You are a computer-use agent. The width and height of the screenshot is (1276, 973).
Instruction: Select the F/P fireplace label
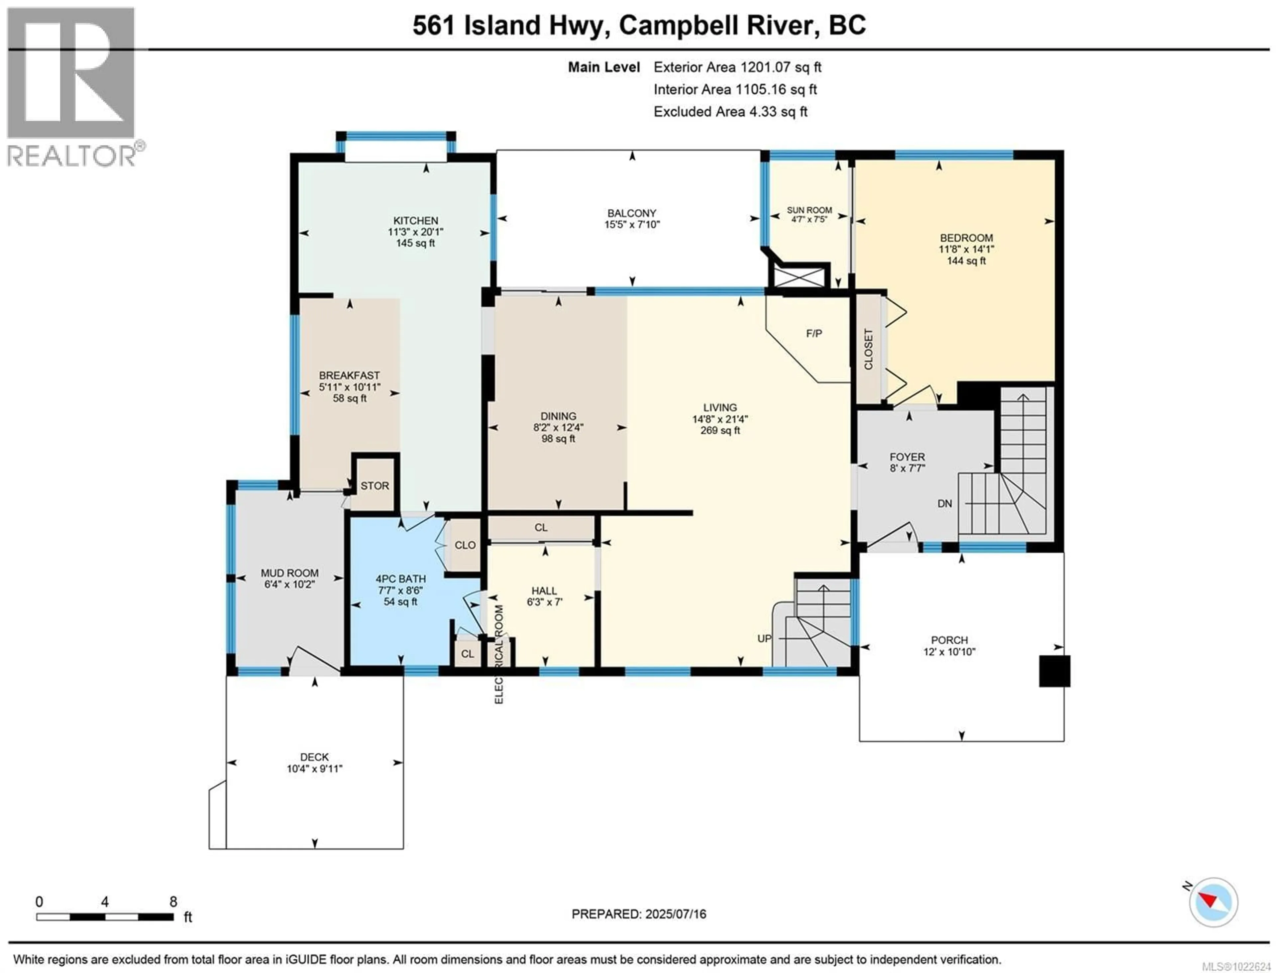814,334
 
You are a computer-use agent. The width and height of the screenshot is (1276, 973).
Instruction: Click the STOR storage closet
375,486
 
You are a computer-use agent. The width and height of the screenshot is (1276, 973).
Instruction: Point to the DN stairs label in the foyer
944,504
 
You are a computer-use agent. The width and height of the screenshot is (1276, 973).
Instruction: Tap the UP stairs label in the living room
764,639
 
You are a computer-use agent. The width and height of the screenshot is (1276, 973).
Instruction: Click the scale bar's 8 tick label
173,902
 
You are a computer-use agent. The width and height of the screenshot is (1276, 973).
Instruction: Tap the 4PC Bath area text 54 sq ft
400,602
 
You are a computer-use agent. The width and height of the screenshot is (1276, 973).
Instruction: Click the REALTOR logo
72,87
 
